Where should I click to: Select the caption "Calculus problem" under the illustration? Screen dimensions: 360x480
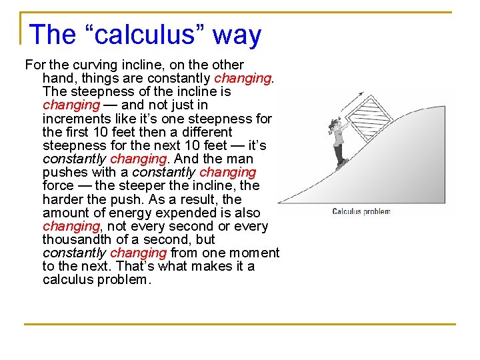point(361,211)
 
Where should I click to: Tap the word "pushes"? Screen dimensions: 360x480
point(63,173)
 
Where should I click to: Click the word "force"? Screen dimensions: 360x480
point(58,186)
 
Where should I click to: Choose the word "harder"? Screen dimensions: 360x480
point(64,199)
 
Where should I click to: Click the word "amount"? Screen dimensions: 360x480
point(65,213)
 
